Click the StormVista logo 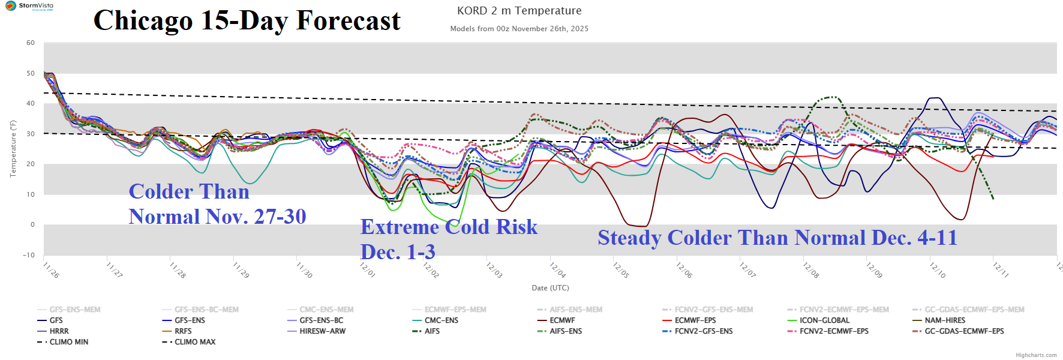tap(28, 6)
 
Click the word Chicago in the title tap(143, 21)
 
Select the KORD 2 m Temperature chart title tap(519, 11)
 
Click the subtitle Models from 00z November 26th tap(519, 29)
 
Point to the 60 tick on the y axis tap(31, 43)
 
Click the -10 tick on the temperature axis tap(29, 255)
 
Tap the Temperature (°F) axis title tap(13, 149)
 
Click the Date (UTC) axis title tap(550, 288)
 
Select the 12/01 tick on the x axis tap(367, 269)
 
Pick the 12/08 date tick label tap(810, 269)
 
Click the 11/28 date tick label tap(177, 269)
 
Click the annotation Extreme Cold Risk tap(449, 227)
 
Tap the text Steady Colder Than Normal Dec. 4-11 tap(777, 238)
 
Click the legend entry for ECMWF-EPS tap(695, 320)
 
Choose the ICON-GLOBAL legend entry tap(824, 320)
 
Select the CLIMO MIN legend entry tap(68, 342)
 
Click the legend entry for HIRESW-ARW tap(322, 331)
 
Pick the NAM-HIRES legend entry tap(945, 320)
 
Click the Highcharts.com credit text tap(1036, 355)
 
